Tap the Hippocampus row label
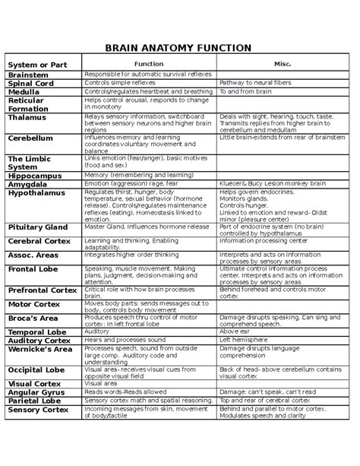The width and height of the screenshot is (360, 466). tap(36, 175)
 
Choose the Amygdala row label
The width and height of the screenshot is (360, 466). tap(28, 184)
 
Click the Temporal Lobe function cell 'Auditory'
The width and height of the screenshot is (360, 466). tap(97, 331)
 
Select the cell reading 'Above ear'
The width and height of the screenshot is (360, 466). tap(235, 331)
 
